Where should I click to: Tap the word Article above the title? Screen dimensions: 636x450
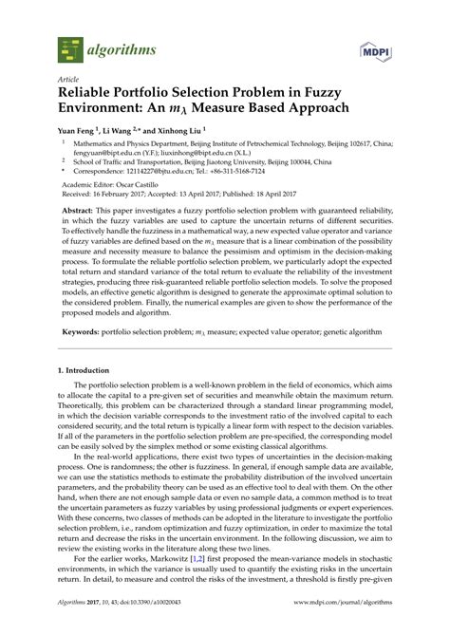tap(67, 81)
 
